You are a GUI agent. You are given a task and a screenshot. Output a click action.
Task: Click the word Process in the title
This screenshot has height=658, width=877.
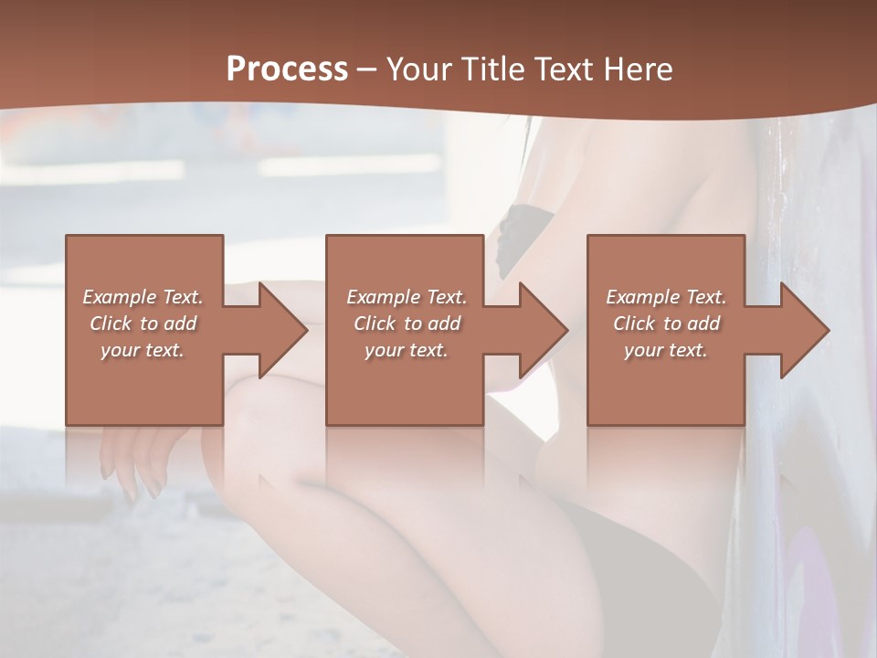pyautogui.click(x=287, y=69)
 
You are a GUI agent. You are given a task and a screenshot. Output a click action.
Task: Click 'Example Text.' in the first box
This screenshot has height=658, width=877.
pyautogui.click(x=143, y=297)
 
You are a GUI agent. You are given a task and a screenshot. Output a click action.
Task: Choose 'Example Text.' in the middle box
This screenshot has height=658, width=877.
pyautogui.click(x=407, y=297)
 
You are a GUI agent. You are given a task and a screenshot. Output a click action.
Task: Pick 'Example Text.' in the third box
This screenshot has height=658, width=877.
pyautogui.click(x=666, y=297)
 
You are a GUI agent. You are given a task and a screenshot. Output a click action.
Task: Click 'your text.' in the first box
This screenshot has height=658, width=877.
pyautogui.click(x=143, y=350)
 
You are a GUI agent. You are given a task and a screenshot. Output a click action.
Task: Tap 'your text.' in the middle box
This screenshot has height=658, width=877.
pyautogui.click(x=407, y=350)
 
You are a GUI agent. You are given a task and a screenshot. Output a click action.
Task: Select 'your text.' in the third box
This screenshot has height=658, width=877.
pyautogui.click(x=666, y=350)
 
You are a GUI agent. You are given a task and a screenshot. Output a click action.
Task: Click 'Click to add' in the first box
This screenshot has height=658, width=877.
pyautogui.click(x=143, y=324)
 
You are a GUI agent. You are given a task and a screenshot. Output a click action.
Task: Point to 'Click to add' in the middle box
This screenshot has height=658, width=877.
pyautogui.click(x=407, y=324)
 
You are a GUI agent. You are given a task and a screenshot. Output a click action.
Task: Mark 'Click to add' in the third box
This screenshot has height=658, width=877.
pyautogui.click(x=666, y=324)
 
